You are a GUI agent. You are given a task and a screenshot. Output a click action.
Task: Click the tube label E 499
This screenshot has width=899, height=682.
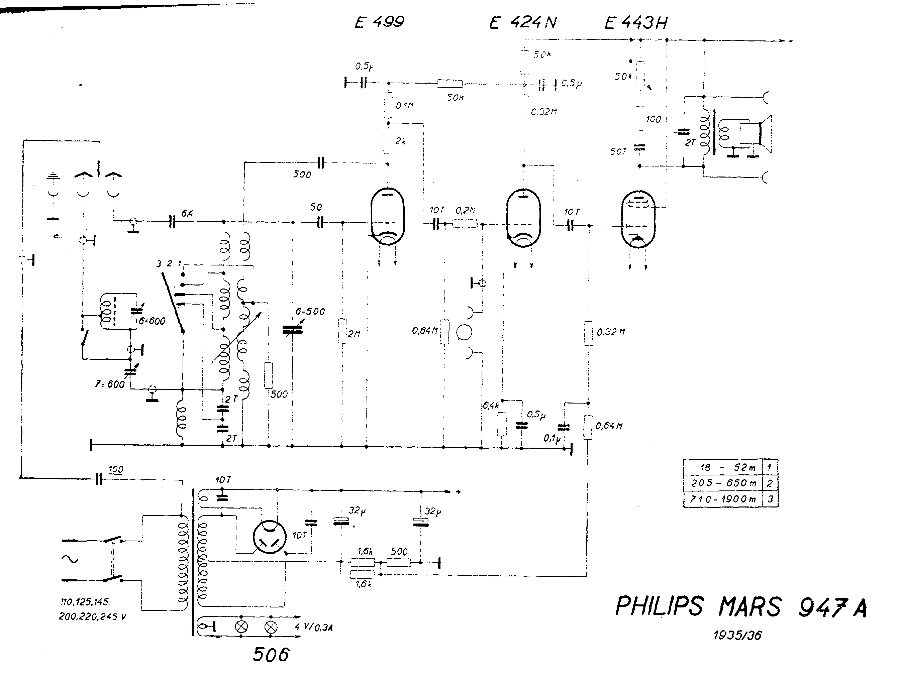pyautogui.click(x=379, y=22)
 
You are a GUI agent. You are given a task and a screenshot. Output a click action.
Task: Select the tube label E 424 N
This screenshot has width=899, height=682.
pyautogui.click(x=523, y=22)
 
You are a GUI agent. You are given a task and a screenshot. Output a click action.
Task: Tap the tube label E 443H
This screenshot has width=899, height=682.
pyautogui.click(x=636, y=23)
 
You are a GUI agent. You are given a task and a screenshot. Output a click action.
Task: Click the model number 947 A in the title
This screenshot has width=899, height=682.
pyautogui.click(x=832, y=607)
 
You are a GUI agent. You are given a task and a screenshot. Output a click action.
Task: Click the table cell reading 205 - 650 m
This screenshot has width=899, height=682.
pyautogui.click(x=723, y=483)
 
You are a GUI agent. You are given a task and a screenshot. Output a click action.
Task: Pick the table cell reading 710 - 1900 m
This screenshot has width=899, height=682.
pyautogui.click(x=723, y=499)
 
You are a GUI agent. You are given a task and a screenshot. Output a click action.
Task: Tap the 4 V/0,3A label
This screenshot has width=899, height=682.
pyautogui.click(x=314, y=628)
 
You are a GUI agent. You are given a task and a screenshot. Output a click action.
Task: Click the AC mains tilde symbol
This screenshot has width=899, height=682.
pyautogui.click(x=70, y=559)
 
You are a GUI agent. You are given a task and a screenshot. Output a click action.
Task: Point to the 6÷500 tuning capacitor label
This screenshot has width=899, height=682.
pyautogui.click(x=310, y=312)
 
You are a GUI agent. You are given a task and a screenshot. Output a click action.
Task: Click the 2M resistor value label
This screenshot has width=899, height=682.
pyautogui.click(x=354, y=334)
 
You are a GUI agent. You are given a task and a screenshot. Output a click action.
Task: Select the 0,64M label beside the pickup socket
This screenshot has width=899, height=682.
pyautogui.click(x=425, y=331)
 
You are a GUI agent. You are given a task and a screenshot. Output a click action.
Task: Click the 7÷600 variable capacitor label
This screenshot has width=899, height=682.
pyautogui.click(x=110, y=384)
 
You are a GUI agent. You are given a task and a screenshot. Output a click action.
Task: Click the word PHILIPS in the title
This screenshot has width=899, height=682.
pyautogui.click(x=659, y=606)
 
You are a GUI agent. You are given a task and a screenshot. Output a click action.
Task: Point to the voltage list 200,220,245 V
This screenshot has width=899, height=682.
pyautogui.click(x=92, y=616)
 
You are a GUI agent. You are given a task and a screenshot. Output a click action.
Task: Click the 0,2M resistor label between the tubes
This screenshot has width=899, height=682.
pyautogui.click(x=465, y=210)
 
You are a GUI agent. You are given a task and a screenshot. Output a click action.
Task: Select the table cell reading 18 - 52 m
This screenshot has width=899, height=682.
pyautogui.click(x=723, y=467)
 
